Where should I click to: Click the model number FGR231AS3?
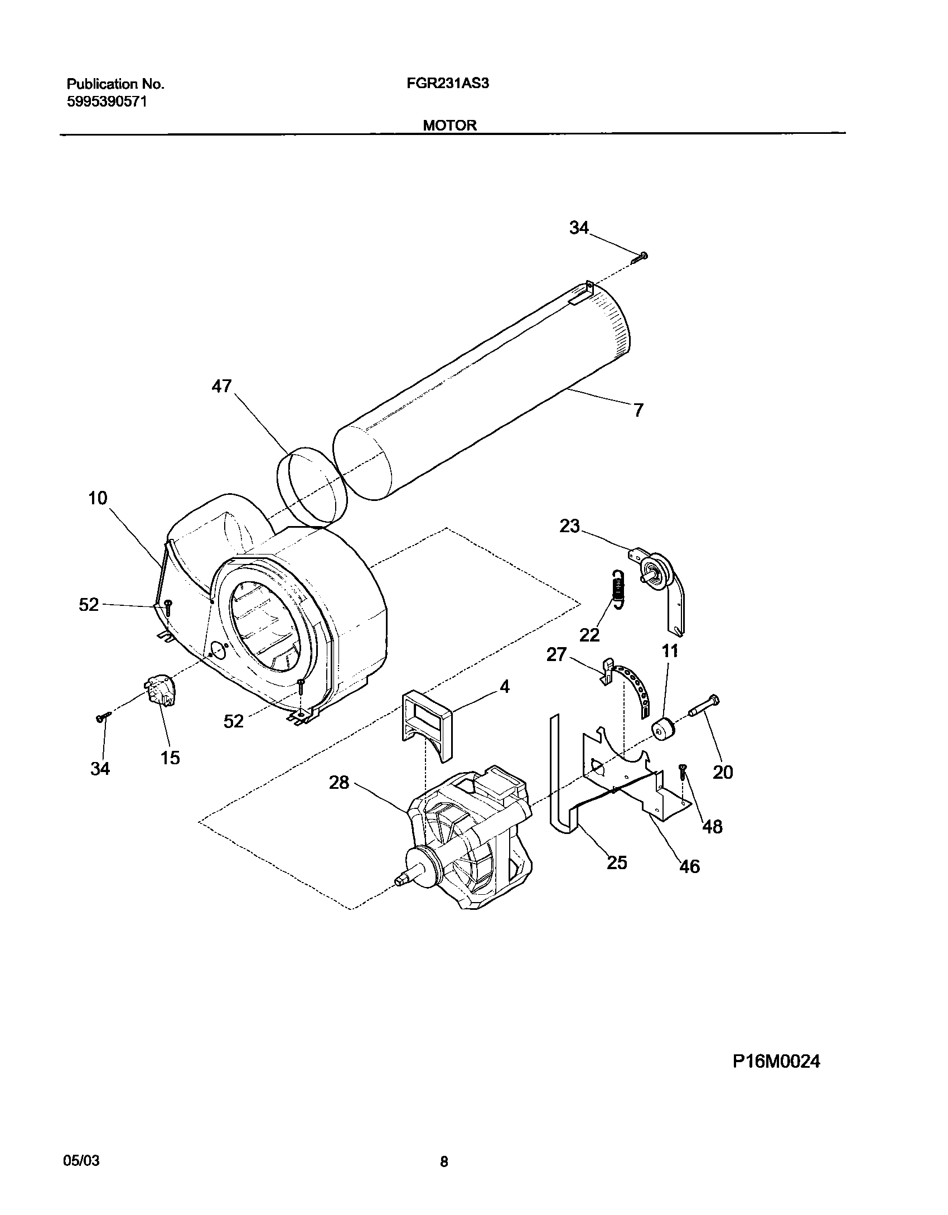455,84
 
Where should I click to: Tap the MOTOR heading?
449,126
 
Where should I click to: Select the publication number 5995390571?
107,102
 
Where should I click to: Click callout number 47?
221,386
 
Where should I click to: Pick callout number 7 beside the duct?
639,410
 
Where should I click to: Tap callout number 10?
98,498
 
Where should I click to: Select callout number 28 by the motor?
339,783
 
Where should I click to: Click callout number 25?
617,862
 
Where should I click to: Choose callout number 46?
689,866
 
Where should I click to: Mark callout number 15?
171,757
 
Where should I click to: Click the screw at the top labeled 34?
640,257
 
